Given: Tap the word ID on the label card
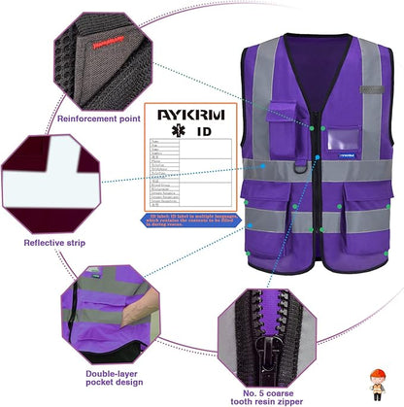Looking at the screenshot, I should click(201, 130).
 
